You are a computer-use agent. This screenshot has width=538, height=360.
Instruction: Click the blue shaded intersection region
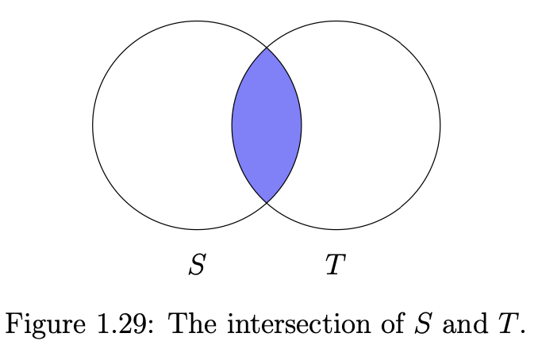[x=267, y=125]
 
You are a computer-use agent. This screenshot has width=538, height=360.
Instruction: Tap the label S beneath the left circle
[x=198, y=264]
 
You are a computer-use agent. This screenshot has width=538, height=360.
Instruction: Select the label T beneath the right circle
[x=335, y=264]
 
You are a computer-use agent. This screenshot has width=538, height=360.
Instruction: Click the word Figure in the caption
[x=45, y=324]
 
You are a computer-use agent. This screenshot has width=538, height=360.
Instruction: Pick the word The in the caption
[x=193, y=324]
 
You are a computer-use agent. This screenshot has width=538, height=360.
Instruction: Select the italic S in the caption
[x=422, y=324]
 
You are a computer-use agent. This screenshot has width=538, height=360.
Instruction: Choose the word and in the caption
[x=465, y=324]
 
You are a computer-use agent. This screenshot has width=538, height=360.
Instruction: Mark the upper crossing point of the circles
[x=267, y=48]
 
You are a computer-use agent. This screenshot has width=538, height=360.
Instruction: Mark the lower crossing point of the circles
[x=267, y=203]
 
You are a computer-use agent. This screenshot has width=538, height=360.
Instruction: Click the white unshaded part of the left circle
[x=161, y=125]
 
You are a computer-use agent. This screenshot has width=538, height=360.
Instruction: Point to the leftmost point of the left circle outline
[x=93, y=125]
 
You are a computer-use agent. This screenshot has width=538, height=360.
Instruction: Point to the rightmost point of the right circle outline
[x=440, y=125]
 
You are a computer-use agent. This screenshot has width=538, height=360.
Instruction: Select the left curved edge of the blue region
[x=232, y=125]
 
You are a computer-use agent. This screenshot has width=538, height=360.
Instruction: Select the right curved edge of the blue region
[x=302, y=125]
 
